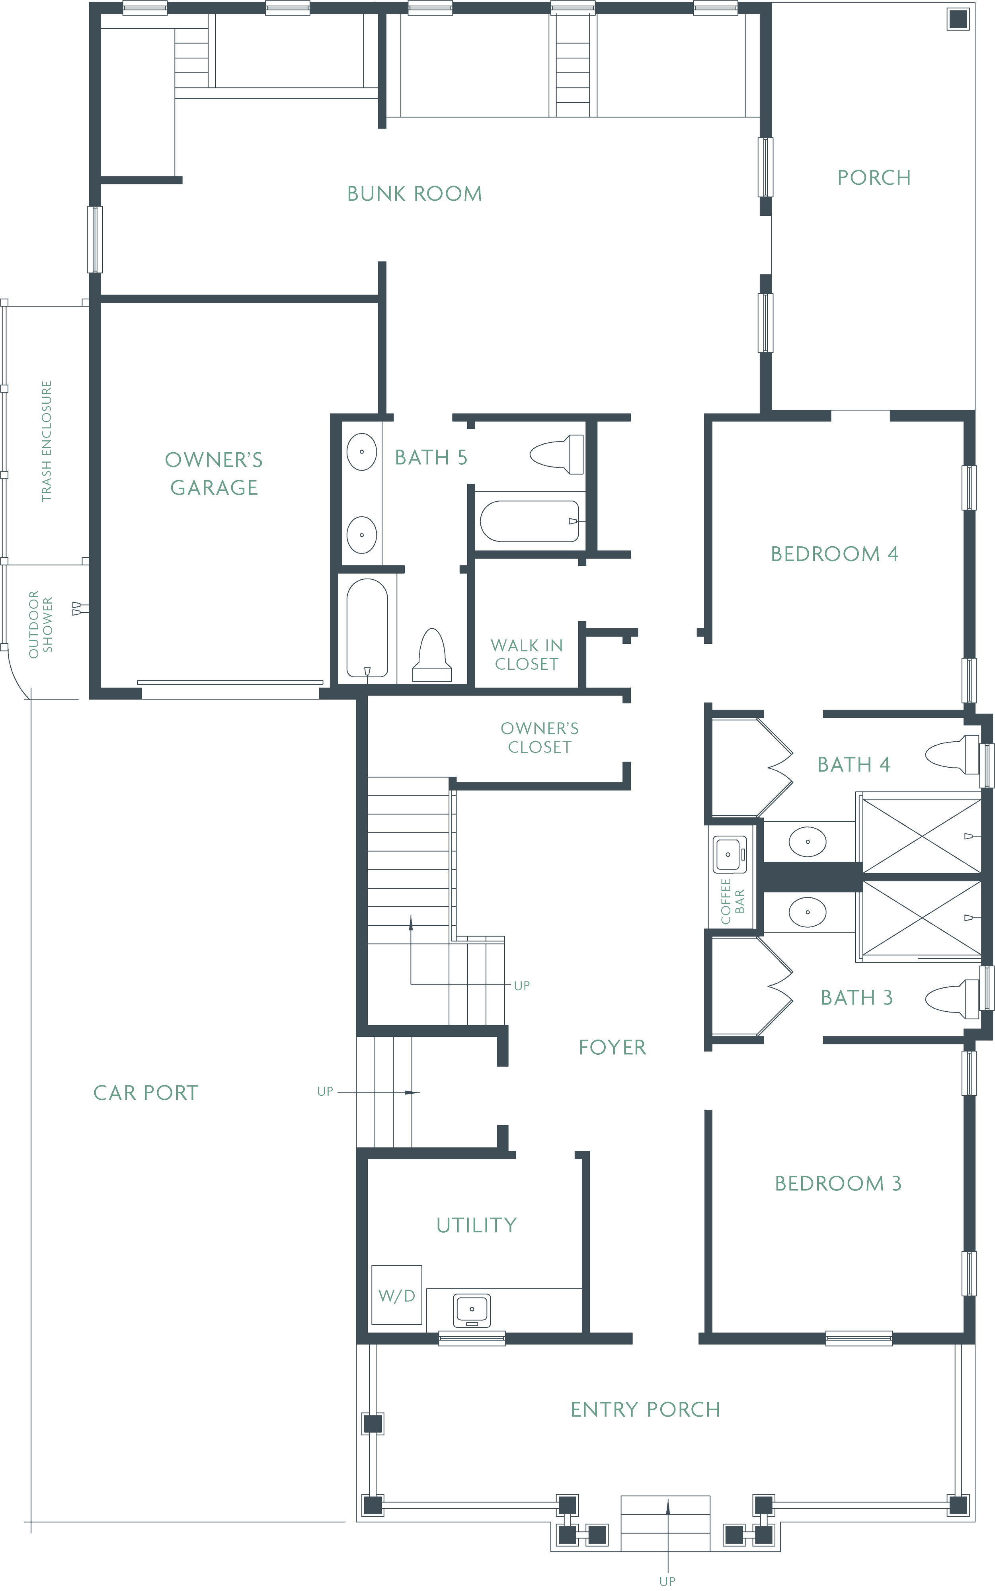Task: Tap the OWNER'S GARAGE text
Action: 213,473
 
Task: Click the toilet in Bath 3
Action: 952,998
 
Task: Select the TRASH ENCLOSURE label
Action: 46,441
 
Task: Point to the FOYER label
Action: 612,1047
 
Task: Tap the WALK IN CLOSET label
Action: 527,654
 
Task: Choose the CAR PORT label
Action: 145,1093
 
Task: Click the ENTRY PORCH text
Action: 645,1409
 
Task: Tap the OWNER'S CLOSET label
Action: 539,737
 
